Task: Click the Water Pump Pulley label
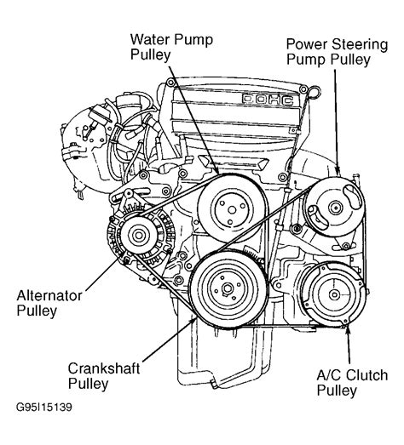click(171, 47)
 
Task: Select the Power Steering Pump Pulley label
click(337, 52)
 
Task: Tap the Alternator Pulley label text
click(49, 303)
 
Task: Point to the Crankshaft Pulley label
click(104, 376)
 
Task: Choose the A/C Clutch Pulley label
click(352, 382)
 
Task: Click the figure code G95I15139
click(44, 408)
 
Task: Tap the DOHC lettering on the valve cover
click(268, 99)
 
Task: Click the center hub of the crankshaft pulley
click(228, 288)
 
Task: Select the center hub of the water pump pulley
click(233, 210)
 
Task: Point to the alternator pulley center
click(139, 235)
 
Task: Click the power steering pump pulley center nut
click(336, 208)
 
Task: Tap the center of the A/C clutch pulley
click(334, 294)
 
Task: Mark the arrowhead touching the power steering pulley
click(338, 171)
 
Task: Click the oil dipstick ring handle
click(315, 92)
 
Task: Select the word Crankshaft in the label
click(104, 368)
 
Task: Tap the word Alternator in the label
click(49, 296)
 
